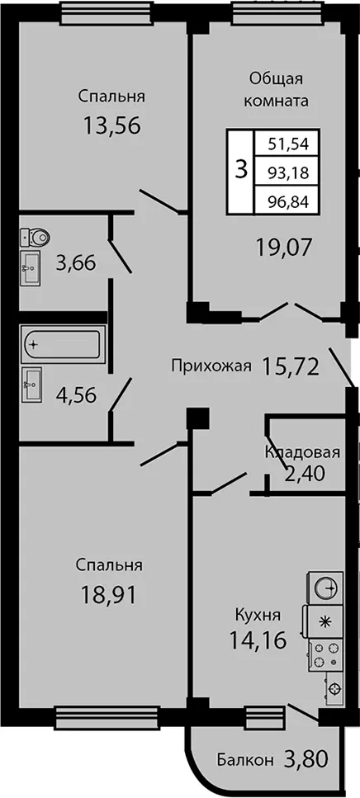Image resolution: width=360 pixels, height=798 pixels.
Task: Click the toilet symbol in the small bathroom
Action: (x=36, y=237)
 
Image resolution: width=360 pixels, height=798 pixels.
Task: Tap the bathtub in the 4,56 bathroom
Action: (x=63, y=346)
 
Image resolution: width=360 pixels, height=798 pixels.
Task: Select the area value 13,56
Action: (x=112, y=125)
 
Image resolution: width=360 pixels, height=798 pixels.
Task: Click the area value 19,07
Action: (x=284, y=249)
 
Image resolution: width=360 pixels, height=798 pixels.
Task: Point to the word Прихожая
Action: (x=212, y=366)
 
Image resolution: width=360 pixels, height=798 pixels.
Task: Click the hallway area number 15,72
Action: (x=291, y=366)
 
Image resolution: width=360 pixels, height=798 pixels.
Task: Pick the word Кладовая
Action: (x=302, y=453)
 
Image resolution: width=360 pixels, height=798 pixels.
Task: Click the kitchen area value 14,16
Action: (x=258, y=639)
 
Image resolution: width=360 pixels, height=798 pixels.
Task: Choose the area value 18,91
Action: (x=108, y=594)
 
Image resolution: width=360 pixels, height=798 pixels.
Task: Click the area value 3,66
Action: (x=77, y=264)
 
